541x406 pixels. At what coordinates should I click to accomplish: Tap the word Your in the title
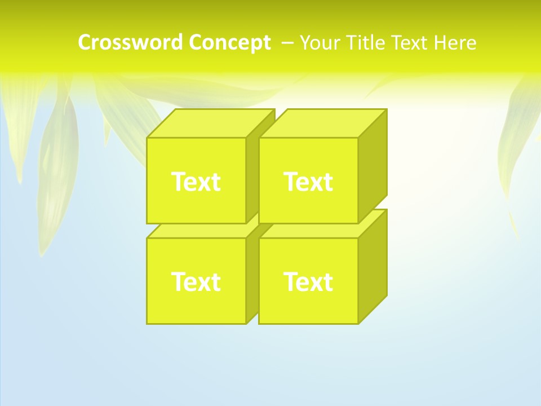pyautogui.click(x=320, y=43)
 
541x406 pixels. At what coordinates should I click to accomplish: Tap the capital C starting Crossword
pyautogui.click(x=85, y=43)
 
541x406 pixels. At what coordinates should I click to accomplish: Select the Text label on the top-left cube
pyautogui.click(x=196, y=182)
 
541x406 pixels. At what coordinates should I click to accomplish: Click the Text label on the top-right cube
pyautogui.click(x=308, y=182)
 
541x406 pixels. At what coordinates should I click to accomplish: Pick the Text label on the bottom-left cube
pyautogui.click(x=196, y=281)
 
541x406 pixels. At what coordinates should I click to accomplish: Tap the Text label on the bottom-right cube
pyautogui.click(x=308, y=281)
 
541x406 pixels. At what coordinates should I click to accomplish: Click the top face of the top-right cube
pyautogui.click(x=322, y=123)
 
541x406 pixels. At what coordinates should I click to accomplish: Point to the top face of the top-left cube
pyautogui.click(x=210, y=123)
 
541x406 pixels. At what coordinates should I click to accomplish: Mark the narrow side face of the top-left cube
pyautogui.click(x=252, y=175)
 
